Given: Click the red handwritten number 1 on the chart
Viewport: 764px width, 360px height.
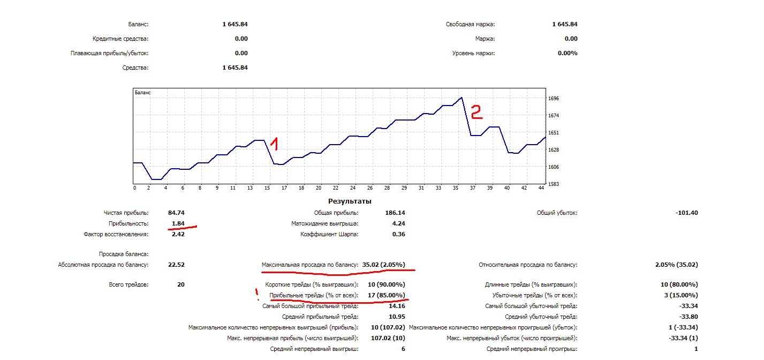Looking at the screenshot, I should point(274,143).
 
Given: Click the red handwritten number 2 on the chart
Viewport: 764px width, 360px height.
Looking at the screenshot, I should point(476,111).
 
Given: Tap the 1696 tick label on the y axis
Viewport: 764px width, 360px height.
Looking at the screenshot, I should point(554,99).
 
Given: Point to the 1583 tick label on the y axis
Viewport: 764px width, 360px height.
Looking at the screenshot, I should point(554,184).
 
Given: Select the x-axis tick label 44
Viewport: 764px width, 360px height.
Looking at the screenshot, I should point(541,188).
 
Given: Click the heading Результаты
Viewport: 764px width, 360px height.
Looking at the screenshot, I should point(350,201).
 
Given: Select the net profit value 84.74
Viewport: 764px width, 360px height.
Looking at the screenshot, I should point(176,213).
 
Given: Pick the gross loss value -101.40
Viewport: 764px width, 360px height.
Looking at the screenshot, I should point(687,213).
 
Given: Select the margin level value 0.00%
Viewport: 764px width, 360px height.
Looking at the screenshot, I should point(567,53).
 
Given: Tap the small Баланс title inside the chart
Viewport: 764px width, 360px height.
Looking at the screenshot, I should point(142,93).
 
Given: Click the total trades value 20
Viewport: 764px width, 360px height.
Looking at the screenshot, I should point(180,284).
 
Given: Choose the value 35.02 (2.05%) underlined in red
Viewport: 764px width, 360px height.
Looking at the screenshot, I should point(383,265).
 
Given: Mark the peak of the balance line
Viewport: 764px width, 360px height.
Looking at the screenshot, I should point(462,97).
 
